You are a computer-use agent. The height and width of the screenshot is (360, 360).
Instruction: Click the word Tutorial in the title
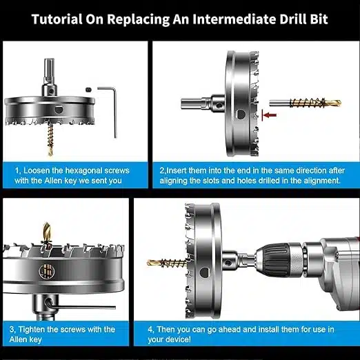point(57,19)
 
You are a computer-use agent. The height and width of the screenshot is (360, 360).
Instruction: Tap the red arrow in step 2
point(270,115)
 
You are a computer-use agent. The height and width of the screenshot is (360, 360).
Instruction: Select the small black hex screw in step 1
point(88,90)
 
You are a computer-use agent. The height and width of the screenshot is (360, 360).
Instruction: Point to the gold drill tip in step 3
point(46,230)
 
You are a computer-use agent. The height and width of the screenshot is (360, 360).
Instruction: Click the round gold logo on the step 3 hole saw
point(47,272)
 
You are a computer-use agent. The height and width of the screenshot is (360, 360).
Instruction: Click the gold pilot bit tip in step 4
point(154,261)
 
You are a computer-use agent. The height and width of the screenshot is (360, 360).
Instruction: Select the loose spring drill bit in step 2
point(305,103)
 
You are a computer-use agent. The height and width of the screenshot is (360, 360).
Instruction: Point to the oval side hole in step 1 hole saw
point(59,109)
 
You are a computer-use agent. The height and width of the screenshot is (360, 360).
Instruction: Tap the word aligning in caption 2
point(174,181)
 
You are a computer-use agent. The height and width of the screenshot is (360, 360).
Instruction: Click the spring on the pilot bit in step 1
point(50,136)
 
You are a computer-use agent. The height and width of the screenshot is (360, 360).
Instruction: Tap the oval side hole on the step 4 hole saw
point(204,272)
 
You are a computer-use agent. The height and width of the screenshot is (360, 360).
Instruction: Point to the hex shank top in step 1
point(49,68)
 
